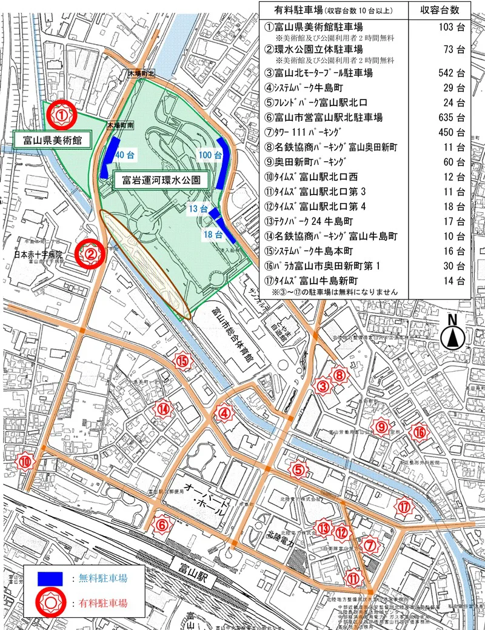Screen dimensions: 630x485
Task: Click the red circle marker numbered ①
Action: click(61, 113)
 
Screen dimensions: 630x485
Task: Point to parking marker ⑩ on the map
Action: click(25, 461)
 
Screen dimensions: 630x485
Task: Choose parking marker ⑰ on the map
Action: click(405, 506)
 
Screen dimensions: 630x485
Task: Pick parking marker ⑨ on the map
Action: click(381, 428)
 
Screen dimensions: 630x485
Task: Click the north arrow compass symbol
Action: click(452, 335)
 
